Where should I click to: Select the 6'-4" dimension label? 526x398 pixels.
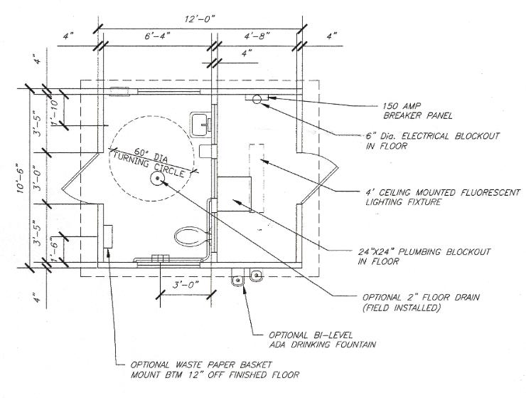pos(157,36)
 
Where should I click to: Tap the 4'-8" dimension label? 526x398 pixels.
pos(257,36)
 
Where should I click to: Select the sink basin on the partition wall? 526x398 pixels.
pos(202,123)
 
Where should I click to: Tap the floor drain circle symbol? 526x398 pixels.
pos(157,179)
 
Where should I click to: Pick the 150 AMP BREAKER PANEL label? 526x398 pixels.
pos(417,111)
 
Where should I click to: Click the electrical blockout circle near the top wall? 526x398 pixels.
pos(257,99)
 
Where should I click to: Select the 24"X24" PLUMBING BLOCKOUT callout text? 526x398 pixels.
pos(424,256)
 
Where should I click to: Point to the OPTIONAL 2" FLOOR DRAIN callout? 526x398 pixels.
pos(421,303)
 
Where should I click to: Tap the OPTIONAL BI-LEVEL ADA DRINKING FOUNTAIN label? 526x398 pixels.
pos(322,340)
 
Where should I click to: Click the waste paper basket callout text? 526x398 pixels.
pos(215,370)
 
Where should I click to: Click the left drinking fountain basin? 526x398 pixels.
pos(238,279)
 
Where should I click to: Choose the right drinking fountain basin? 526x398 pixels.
pos(257,276)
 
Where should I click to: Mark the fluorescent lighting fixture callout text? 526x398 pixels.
pos(443,197)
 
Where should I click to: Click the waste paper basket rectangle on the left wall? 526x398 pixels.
pos(107,236)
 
